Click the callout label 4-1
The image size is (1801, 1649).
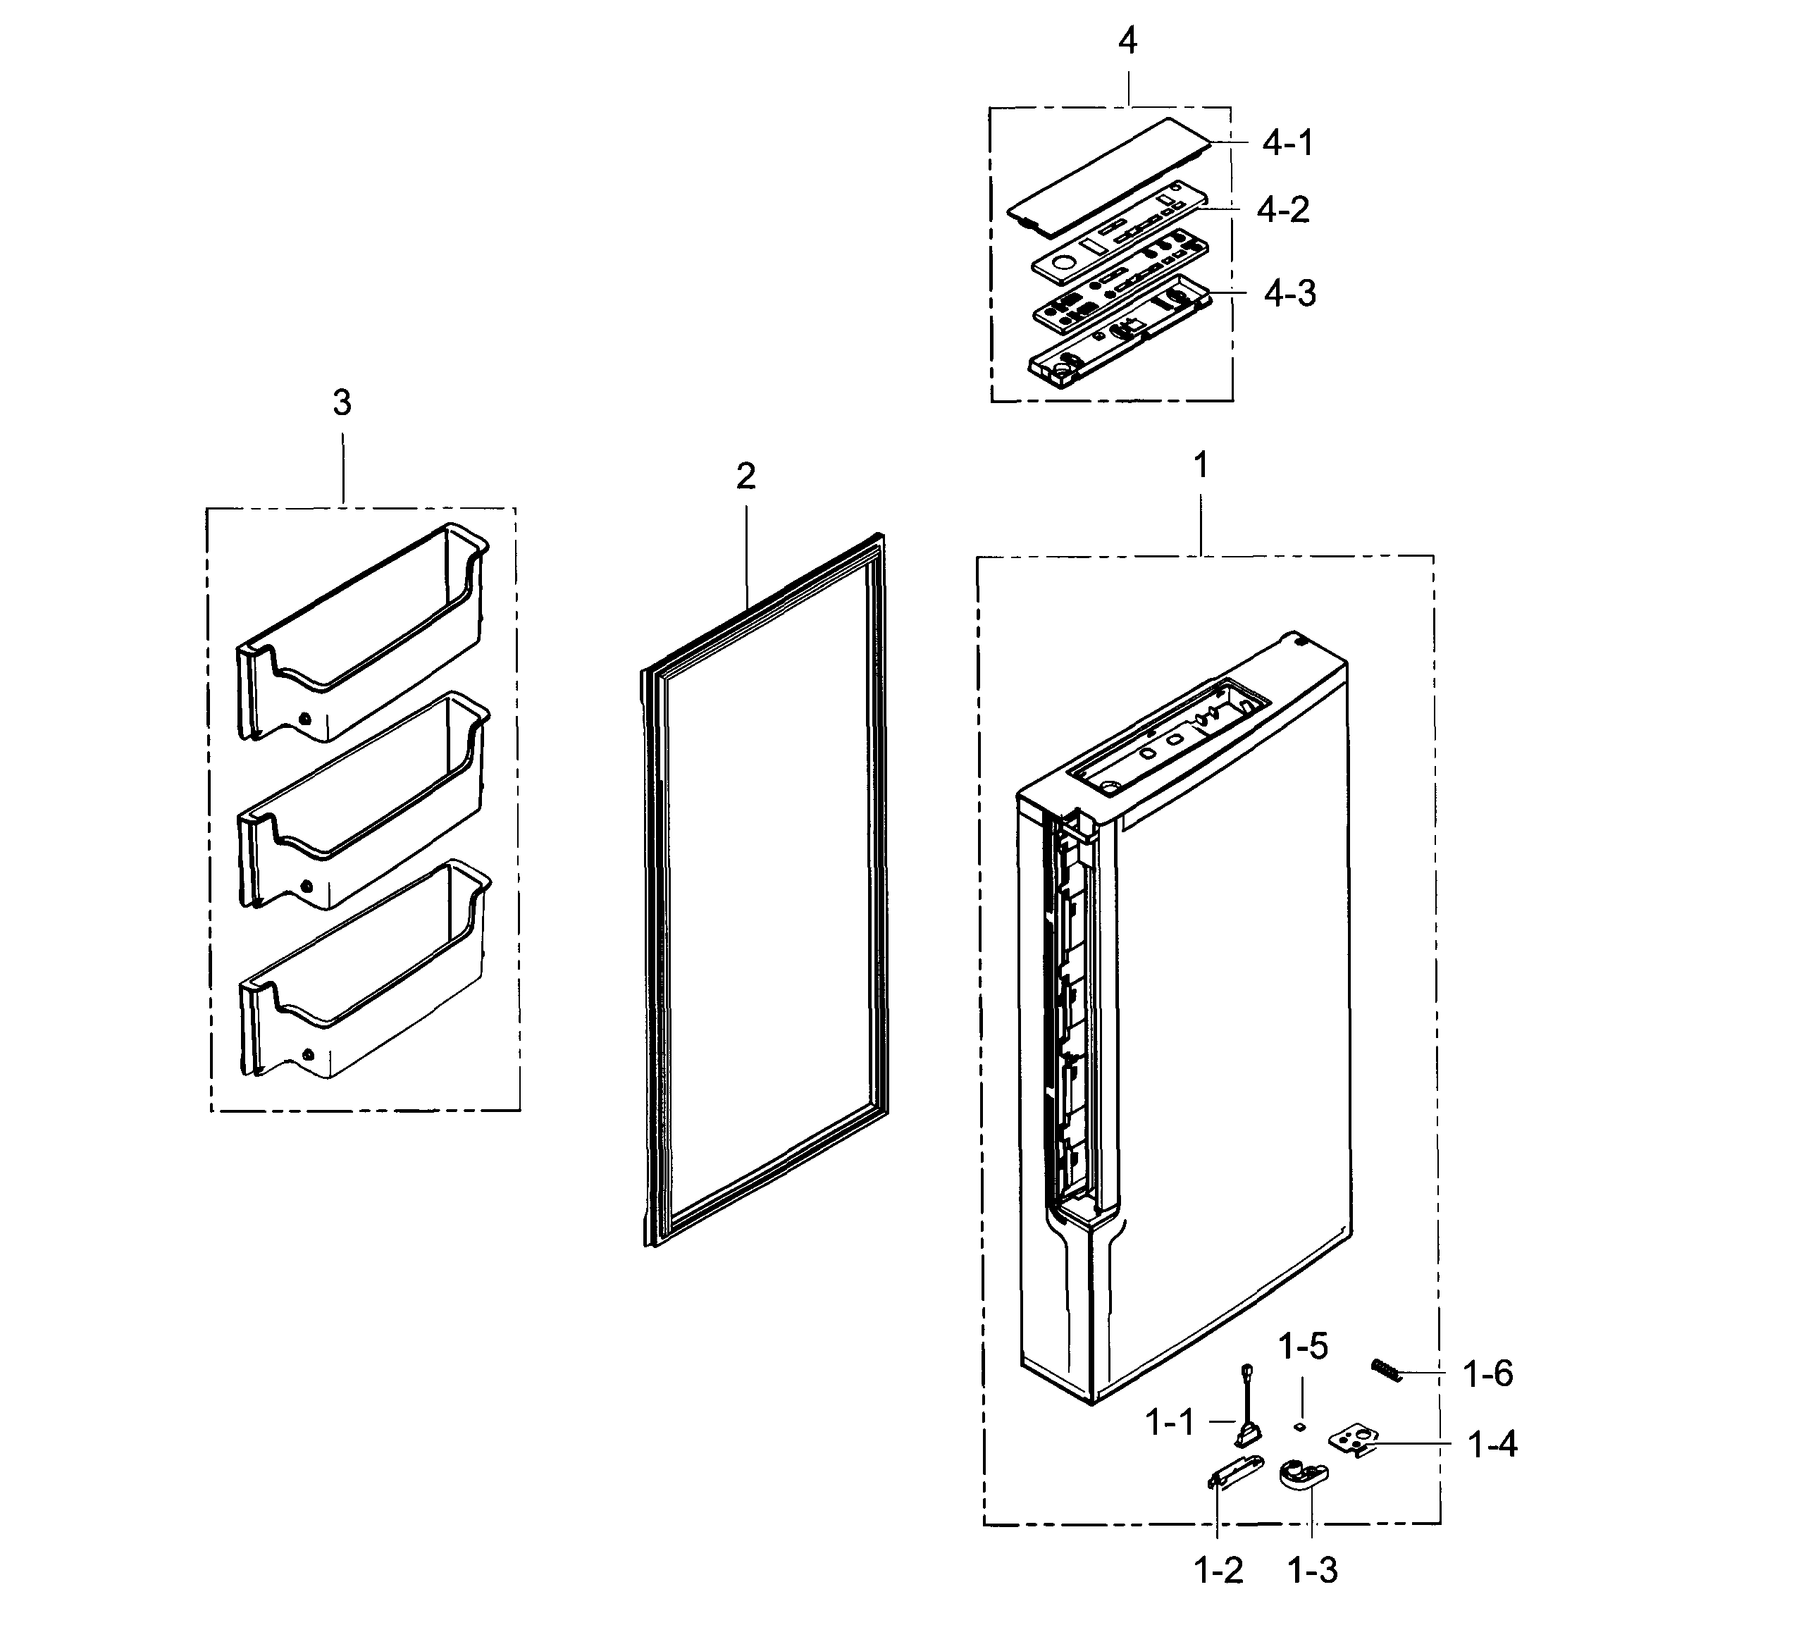coord(1287,143)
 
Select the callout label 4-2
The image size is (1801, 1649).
coord(1283,210)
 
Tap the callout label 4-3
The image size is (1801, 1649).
coord(1289,293)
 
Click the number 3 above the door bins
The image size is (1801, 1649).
coord(342,404)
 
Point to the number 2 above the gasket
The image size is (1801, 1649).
coord(746,477)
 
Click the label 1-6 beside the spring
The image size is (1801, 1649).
coord(1487,1375)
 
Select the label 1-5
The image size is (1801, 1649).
coord(1304,1346)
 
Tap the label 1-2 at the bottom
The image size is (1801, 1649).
coord(1218,1570)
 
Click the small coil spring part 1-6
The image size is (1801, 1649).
coord(1387,1369)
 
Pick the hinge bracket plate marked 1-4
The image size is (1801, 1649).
coord(1354,1442)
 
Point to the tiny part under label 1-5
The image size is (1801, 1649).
coord(1301,1426)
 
